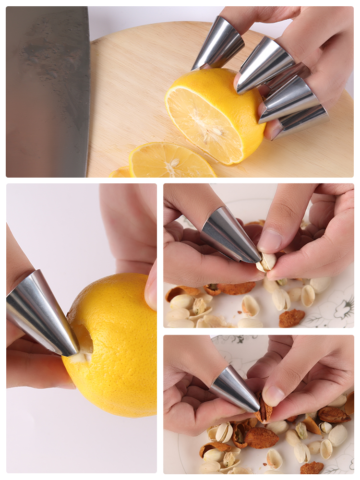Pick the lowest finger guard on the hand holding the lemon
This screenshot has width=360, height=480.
click(300, 122)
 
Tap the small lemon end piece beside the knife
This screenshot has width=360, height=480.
click(120, 172)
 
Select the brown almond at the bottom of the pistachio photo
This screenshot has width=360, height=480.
click(291, 318)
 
